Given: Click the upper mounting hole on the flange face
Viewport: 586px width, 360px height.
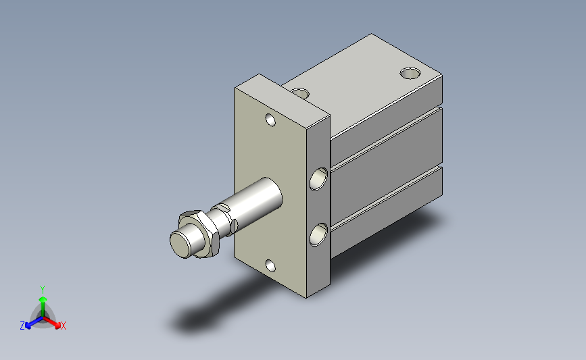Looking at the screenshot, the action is [270, 120].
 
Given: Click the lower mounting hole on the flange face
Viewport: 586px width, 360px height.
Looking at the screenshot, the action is [270, 266].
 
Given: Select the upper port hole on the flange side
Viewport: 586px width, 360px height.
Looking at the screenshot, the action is [318, 179].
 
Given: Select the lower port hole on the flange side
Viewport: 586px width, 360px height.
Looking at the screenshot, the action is [318, 234].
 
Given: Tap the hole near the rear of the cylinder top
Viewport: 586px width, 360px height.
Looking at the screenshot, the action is [410, 73].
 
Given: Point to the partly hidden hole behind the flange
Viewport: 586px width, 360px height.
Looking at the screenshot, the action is [300, 93].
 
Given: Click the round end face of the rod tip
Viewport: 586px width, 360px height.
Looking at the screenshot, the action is [182, 245].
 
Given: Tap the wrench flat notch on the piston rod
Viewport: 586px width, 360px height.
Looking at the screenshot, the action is [223, 207].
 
